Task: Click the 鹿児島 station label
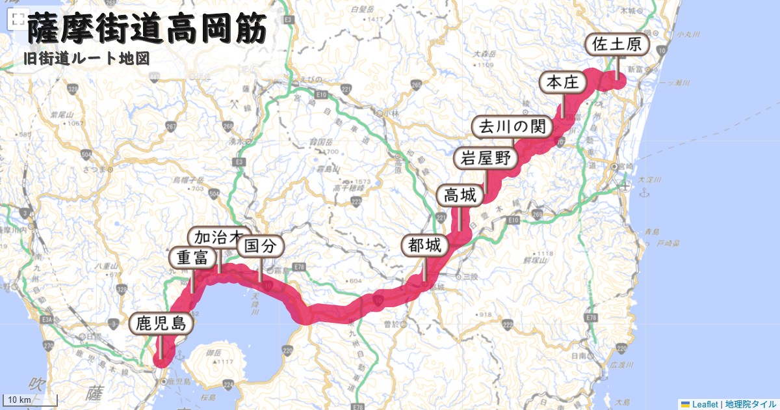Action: [x=161, y=323]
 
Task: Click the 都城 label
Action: [x=425, y=245]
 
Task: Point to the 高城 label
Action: [x=460, y=195]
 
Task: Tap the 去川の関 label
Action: [x=512, y=127]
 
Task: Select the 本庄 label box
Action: [x=563, y=82]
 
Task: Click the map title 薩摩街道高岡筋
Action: [x=146, y=30]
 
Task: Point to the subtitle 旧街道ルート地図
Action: [x=86, y=59]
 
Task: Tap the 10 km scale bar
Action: [x=30, y=399]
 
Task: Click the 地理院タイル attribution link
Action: [x=750, y=404]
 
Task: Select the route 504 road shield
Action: [x=87, y=155]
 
